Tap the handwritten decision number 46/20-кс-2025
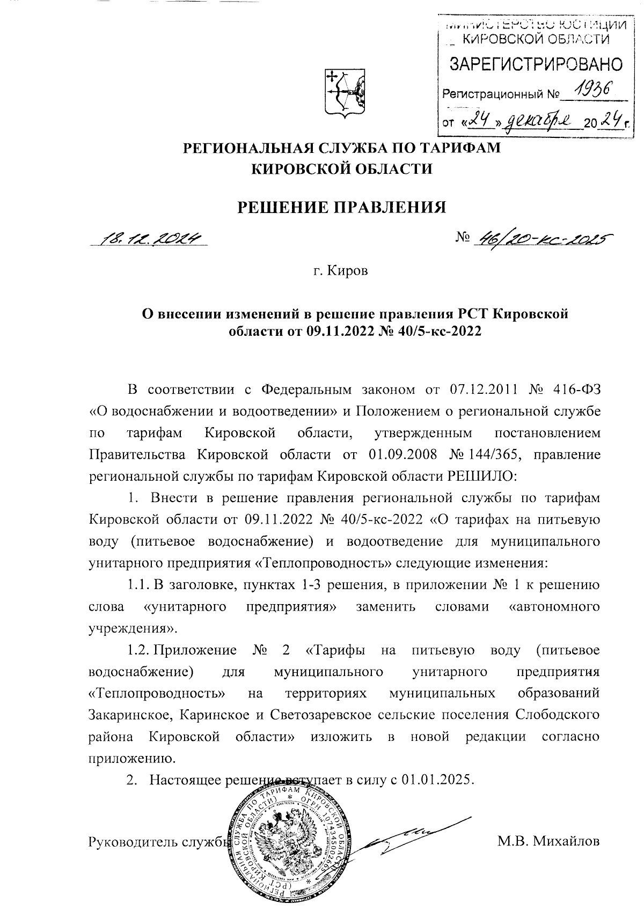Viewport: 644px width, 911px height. click(543, 238)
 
